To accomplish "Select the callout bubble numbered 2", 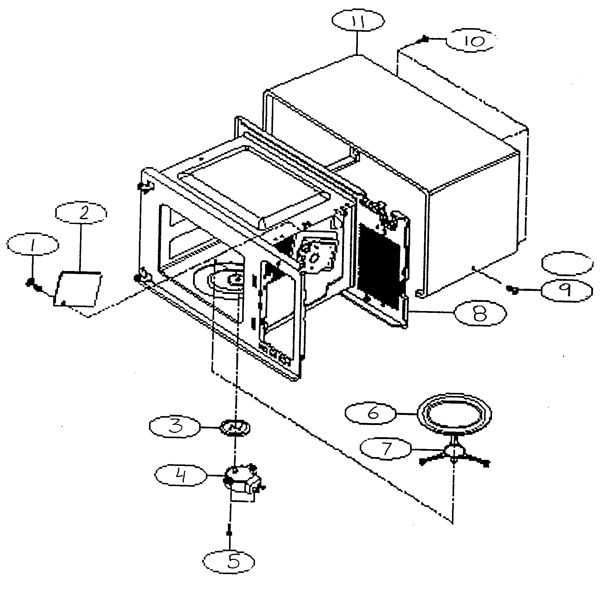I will point(81,213).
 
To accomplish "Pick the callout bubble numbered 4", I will point(181,475).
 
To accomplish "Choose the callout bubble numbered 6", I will point(370,413).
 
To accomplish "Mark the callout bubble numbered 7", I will point(386,449).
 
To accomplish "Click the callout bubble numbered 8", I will point(480,313).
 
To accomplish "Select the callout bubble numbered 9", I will point(566,290).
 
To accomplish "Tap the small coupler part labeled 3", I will point(235,428).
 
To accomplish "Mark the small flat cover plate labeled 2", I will point(78,289).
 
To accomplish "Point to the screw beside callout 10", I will point(425,40).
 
